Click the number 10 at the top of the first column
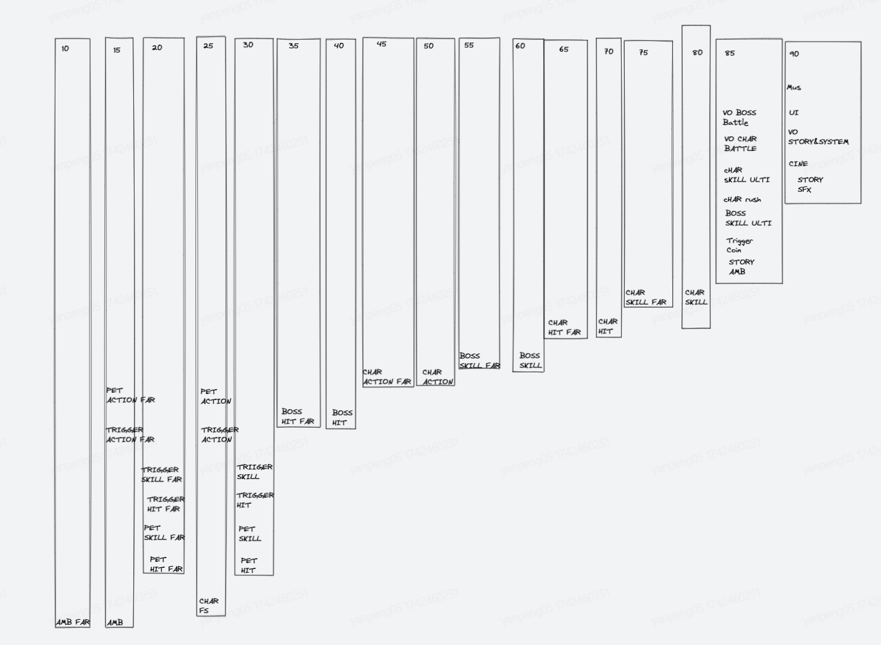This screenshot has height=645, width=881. (x=65, y=48)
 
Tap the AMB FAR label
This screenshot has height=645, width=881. (x=73, y=622)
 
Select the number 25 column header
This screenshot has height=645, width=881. (x=208, y=46)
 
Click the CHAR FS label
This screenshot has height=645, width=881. (x=209, y=606)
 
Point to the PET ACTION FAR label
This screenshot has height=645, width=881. (x=131, y=395)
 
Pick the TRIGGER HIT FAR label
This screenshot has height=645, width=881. (x=166, y=504)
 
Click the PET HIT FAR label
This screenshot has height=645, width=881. (x=166, y=564)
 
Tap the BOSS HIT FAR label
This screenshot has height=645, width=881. (x=298, y=416)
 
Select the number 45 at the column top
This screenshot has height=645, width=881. (x=382, y=43)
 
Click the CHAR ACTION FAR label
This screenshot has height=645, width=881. (x=387, y=377)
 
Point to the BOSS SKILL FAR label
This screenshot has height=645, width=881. (x=479, y=360)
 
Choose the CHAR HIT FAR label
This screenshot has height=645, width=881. (x=564, y=328)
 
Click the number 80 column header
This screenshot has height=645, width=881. (x=697, y=52)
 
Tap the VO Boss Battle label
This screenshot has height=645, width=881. (x=739, y=117)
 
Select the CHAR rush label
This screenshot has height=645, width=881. (x=742, y=200)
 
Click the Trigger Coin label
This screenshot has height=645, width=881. (x=739, y=245)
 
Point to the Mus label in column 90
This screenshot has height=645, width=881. (x=794, y=87)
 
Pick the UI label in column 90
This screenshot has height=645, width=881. (x=794, y=113)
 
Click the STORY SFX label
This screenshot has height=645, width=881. (x=810, y=185)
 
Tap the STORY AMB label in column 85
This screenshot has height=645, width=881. (x=741, y=267)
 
